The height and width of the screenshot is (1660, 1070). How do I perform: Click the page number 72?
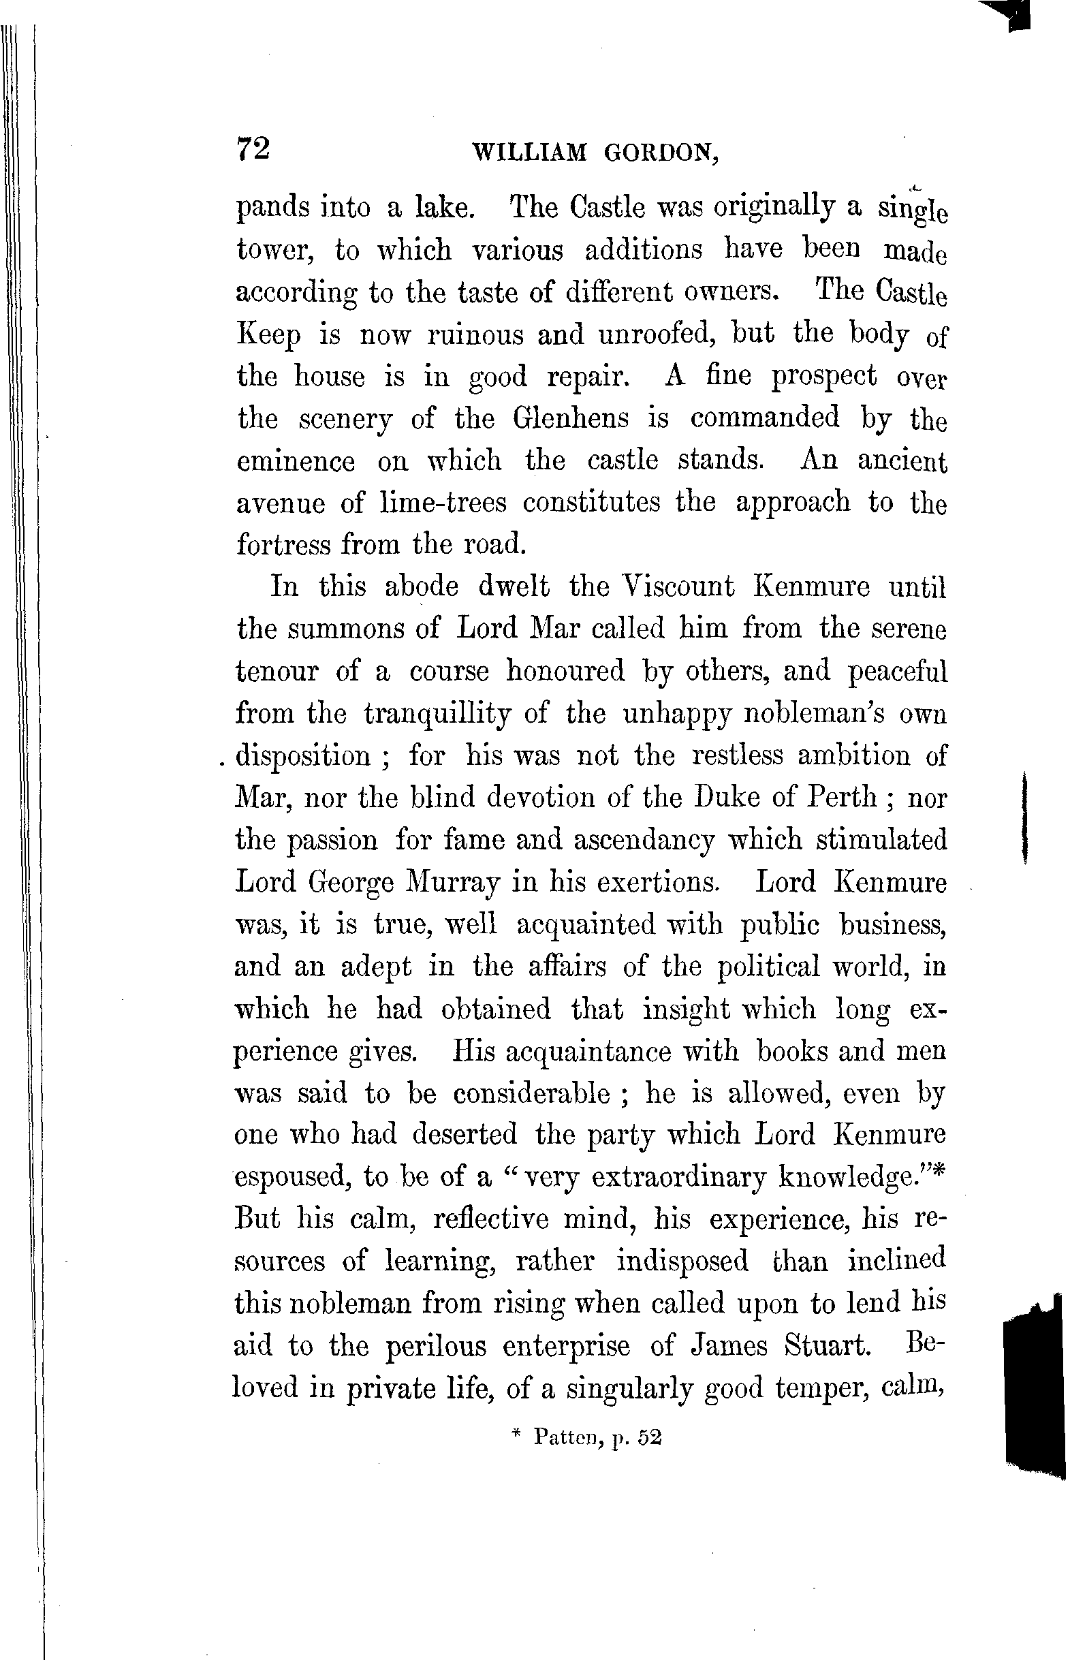tap(253, 148)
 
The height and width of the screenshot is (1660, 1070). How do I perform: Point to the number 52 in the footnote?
tap(650, 1438)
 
